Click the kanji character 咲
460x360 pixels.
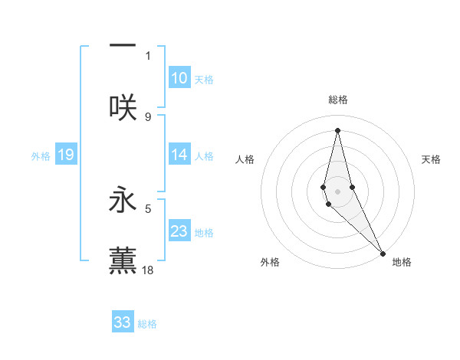coord(123,107)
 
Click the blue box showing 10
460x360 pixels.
coord(179,78)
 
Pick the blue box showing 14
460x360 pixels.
coord(179,155)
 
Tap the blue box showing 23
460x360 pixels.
coord(179,231)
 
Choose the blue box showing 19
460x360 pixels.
coord(66,155)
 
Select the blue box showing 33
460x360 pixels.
coord(123,322)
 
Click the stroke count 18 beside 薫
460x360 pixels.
coord(148,270)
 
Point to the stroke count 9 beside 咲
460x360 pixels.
coord(148,116)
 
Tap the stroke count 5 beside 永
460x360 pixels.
coord(148,207)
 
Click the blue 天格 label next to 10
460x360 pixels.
coord(204,80)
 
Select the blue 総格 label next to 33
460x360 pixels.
coord(147,324)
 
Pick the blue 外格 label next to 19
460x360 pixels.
coord(41,156)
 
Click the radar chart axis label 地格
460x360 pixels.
coord(402,262)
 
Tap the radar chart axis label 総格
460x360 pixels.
coord(337,100)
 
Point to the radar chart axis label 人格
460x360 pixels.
coord(245,159)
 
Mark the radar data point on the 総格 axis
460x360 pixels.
coord(337,129)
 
